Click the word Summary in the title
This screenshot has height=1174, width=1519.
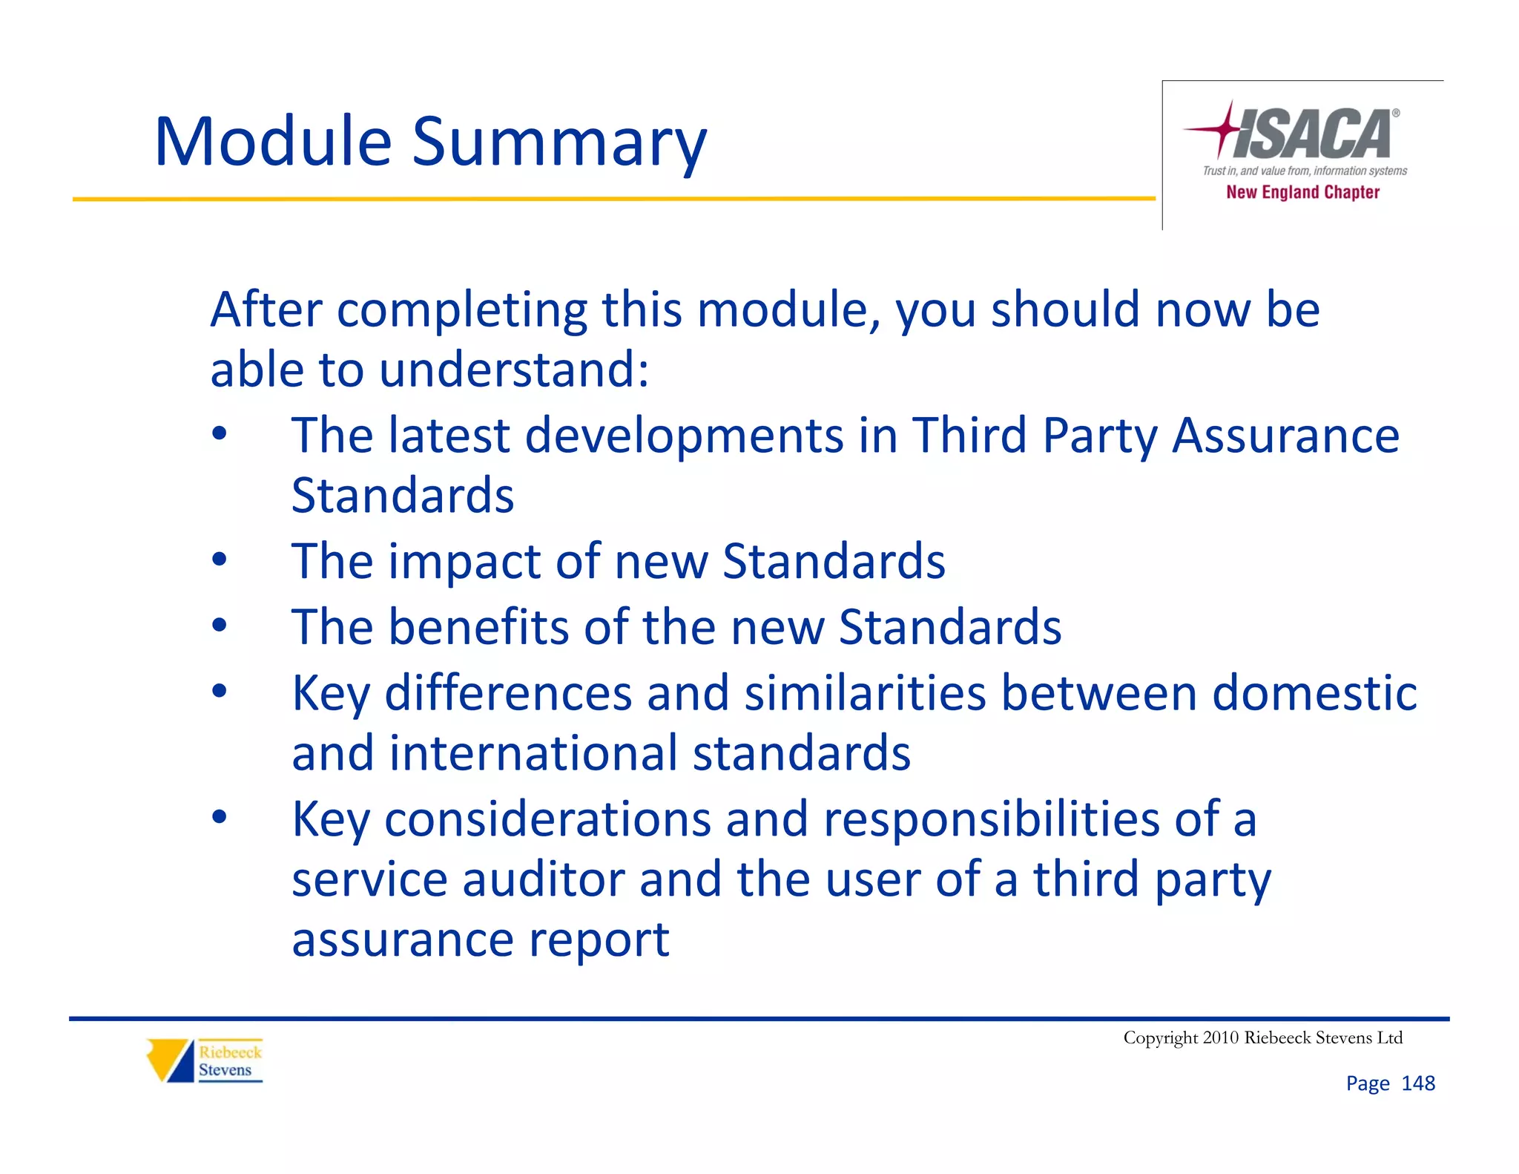point(559,145)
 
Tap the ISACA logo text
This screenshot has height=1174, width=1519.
point(1313,134)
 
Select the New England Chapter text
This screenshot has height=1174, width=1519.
point(1302,192)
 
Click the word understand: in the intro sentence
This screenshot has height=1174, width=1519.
point(513,370)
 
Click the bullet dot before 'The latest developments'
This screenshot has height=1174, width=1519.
point(219,433)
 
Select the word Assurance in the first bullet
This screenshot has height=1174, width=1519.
point(1285,435)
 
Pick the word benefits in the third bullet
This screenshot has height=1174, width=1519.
point(479,627)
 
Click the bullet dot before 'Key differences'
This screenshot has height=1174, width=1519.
point(219,692)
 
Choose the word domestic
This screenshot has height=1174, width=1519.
point(1314,693)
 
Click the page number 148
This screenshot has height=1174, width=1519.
point(1417,1083)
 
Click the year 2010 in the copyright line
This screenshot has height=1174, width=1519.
point(1220,1037)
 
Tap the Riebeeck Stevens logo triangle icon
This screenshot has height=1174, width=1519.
point(169,1060)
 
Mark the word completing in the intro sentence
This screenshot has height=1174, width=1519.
point(461,309)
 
